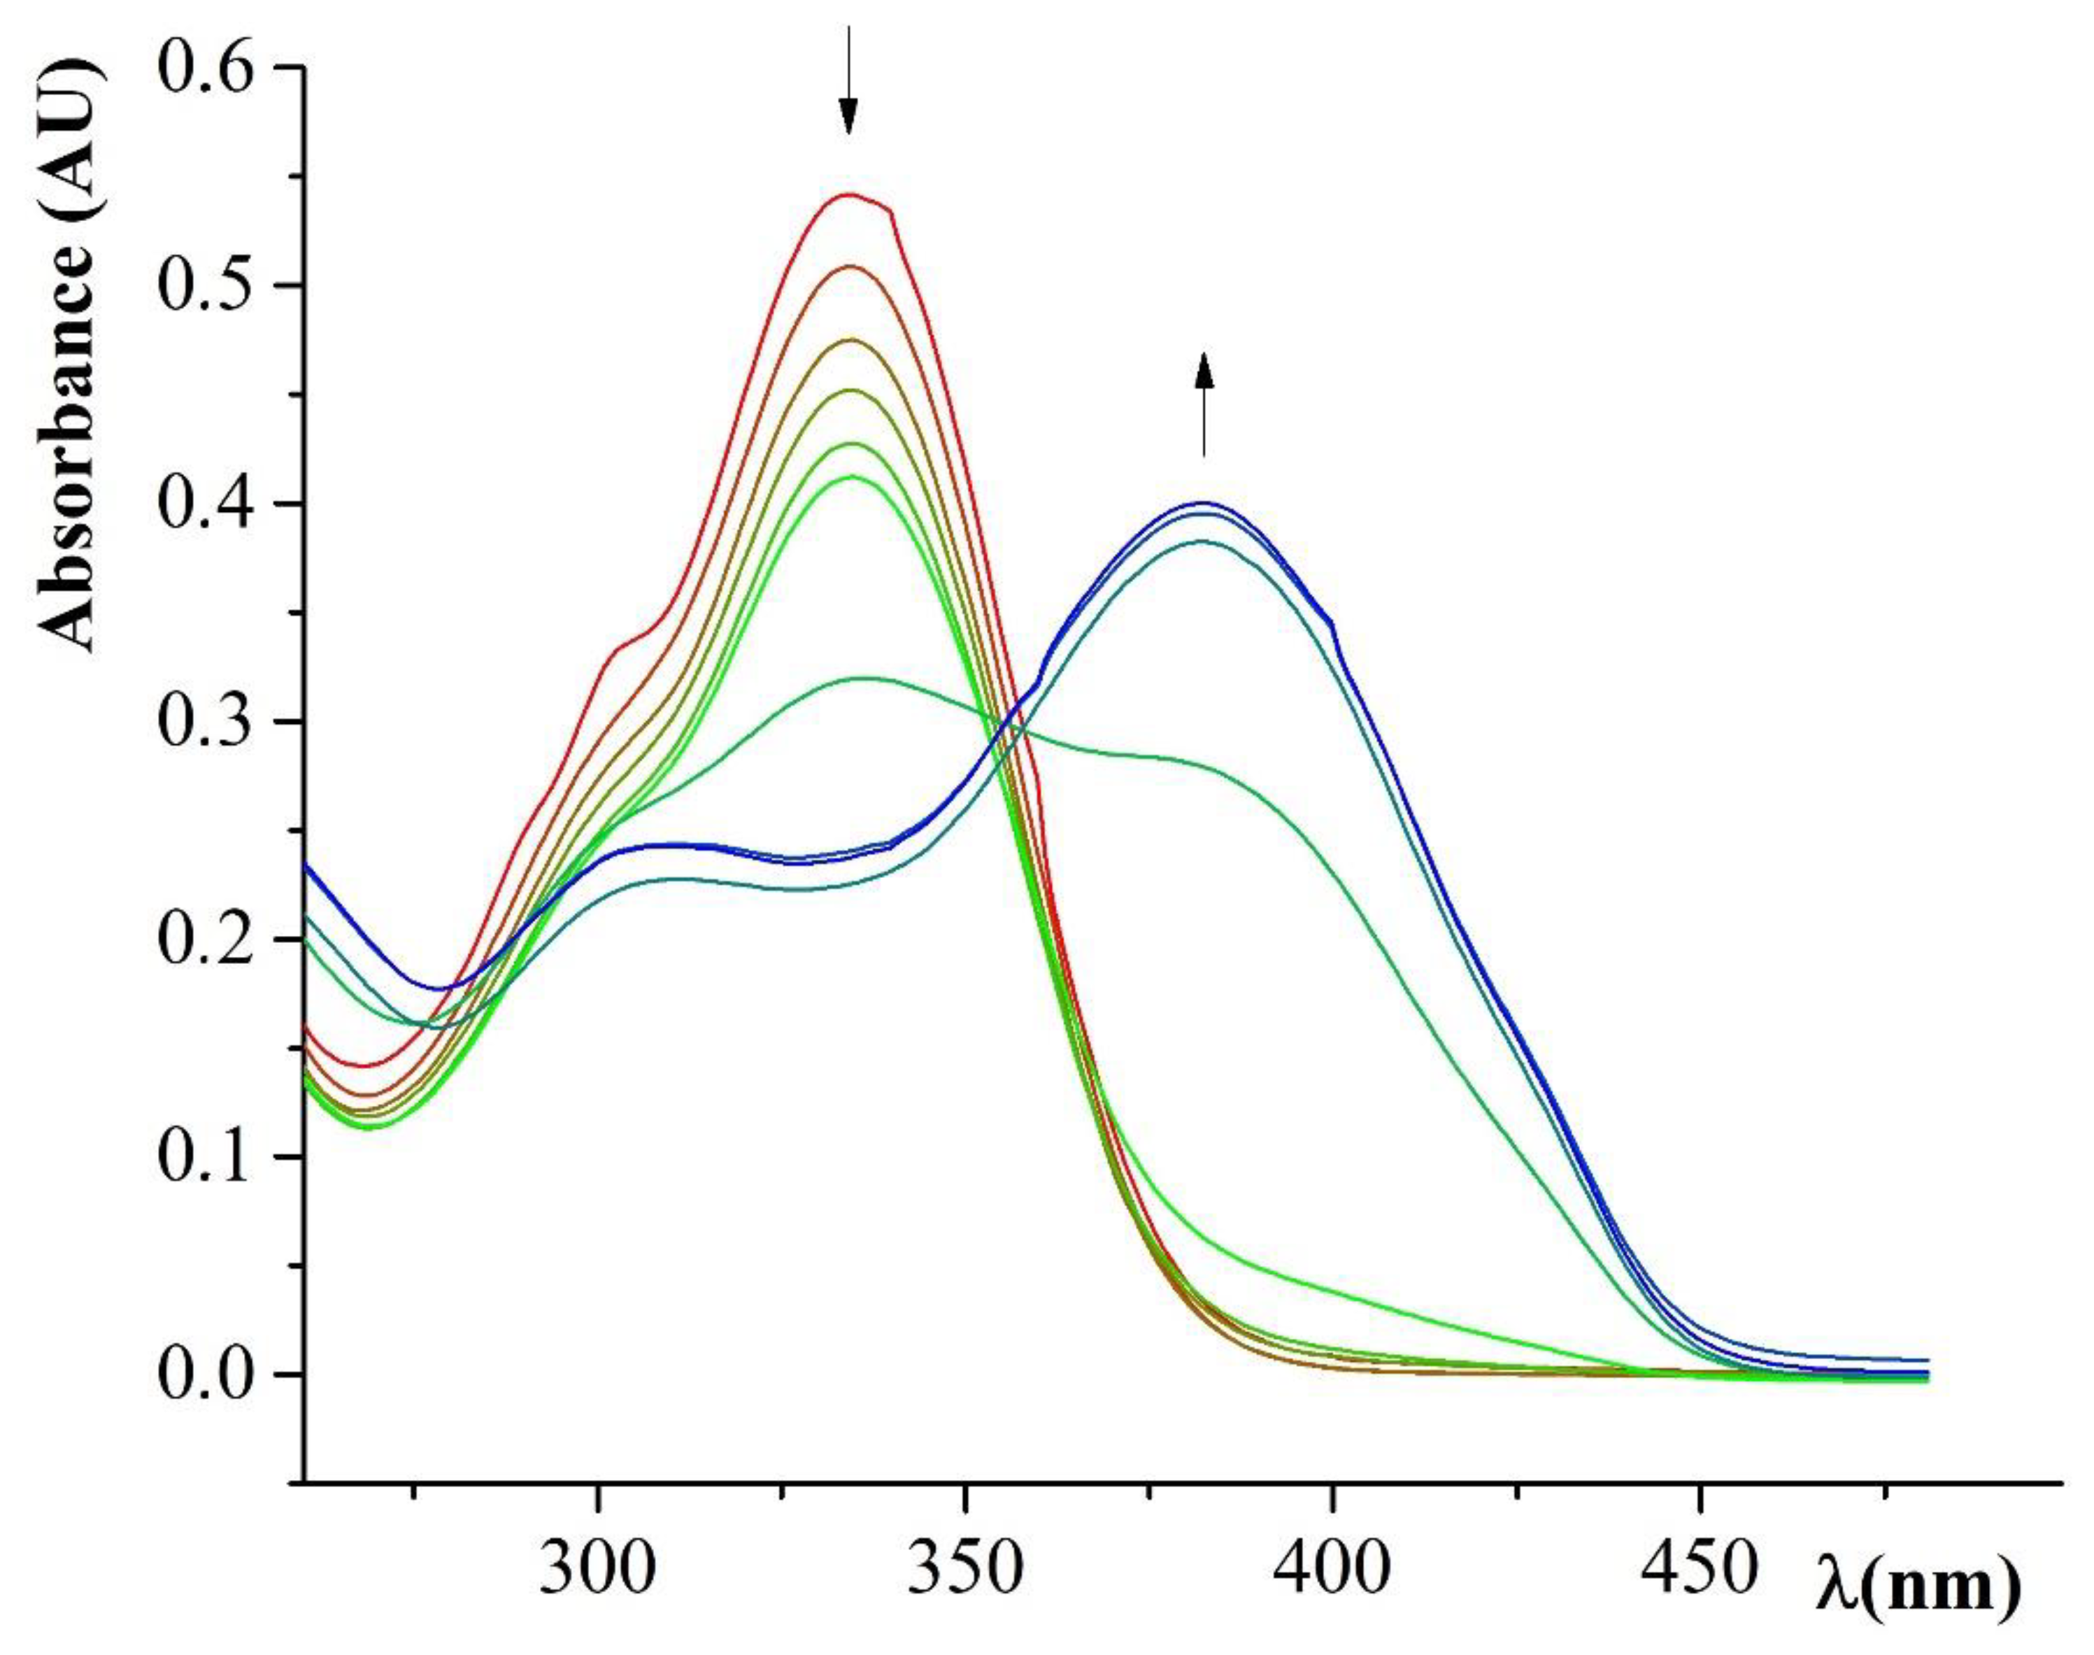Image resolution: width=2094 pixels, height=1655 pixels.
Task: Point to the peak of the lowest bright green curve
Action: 850,476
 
